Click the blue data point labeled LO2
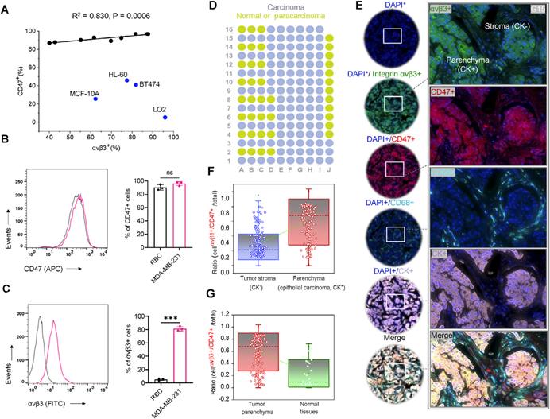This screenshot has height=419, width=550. coord(165,117)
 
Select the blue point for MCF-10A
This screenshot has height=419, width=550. coord(95,99)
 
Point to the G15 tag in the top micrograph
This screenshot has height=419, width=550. coord(536,8)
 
